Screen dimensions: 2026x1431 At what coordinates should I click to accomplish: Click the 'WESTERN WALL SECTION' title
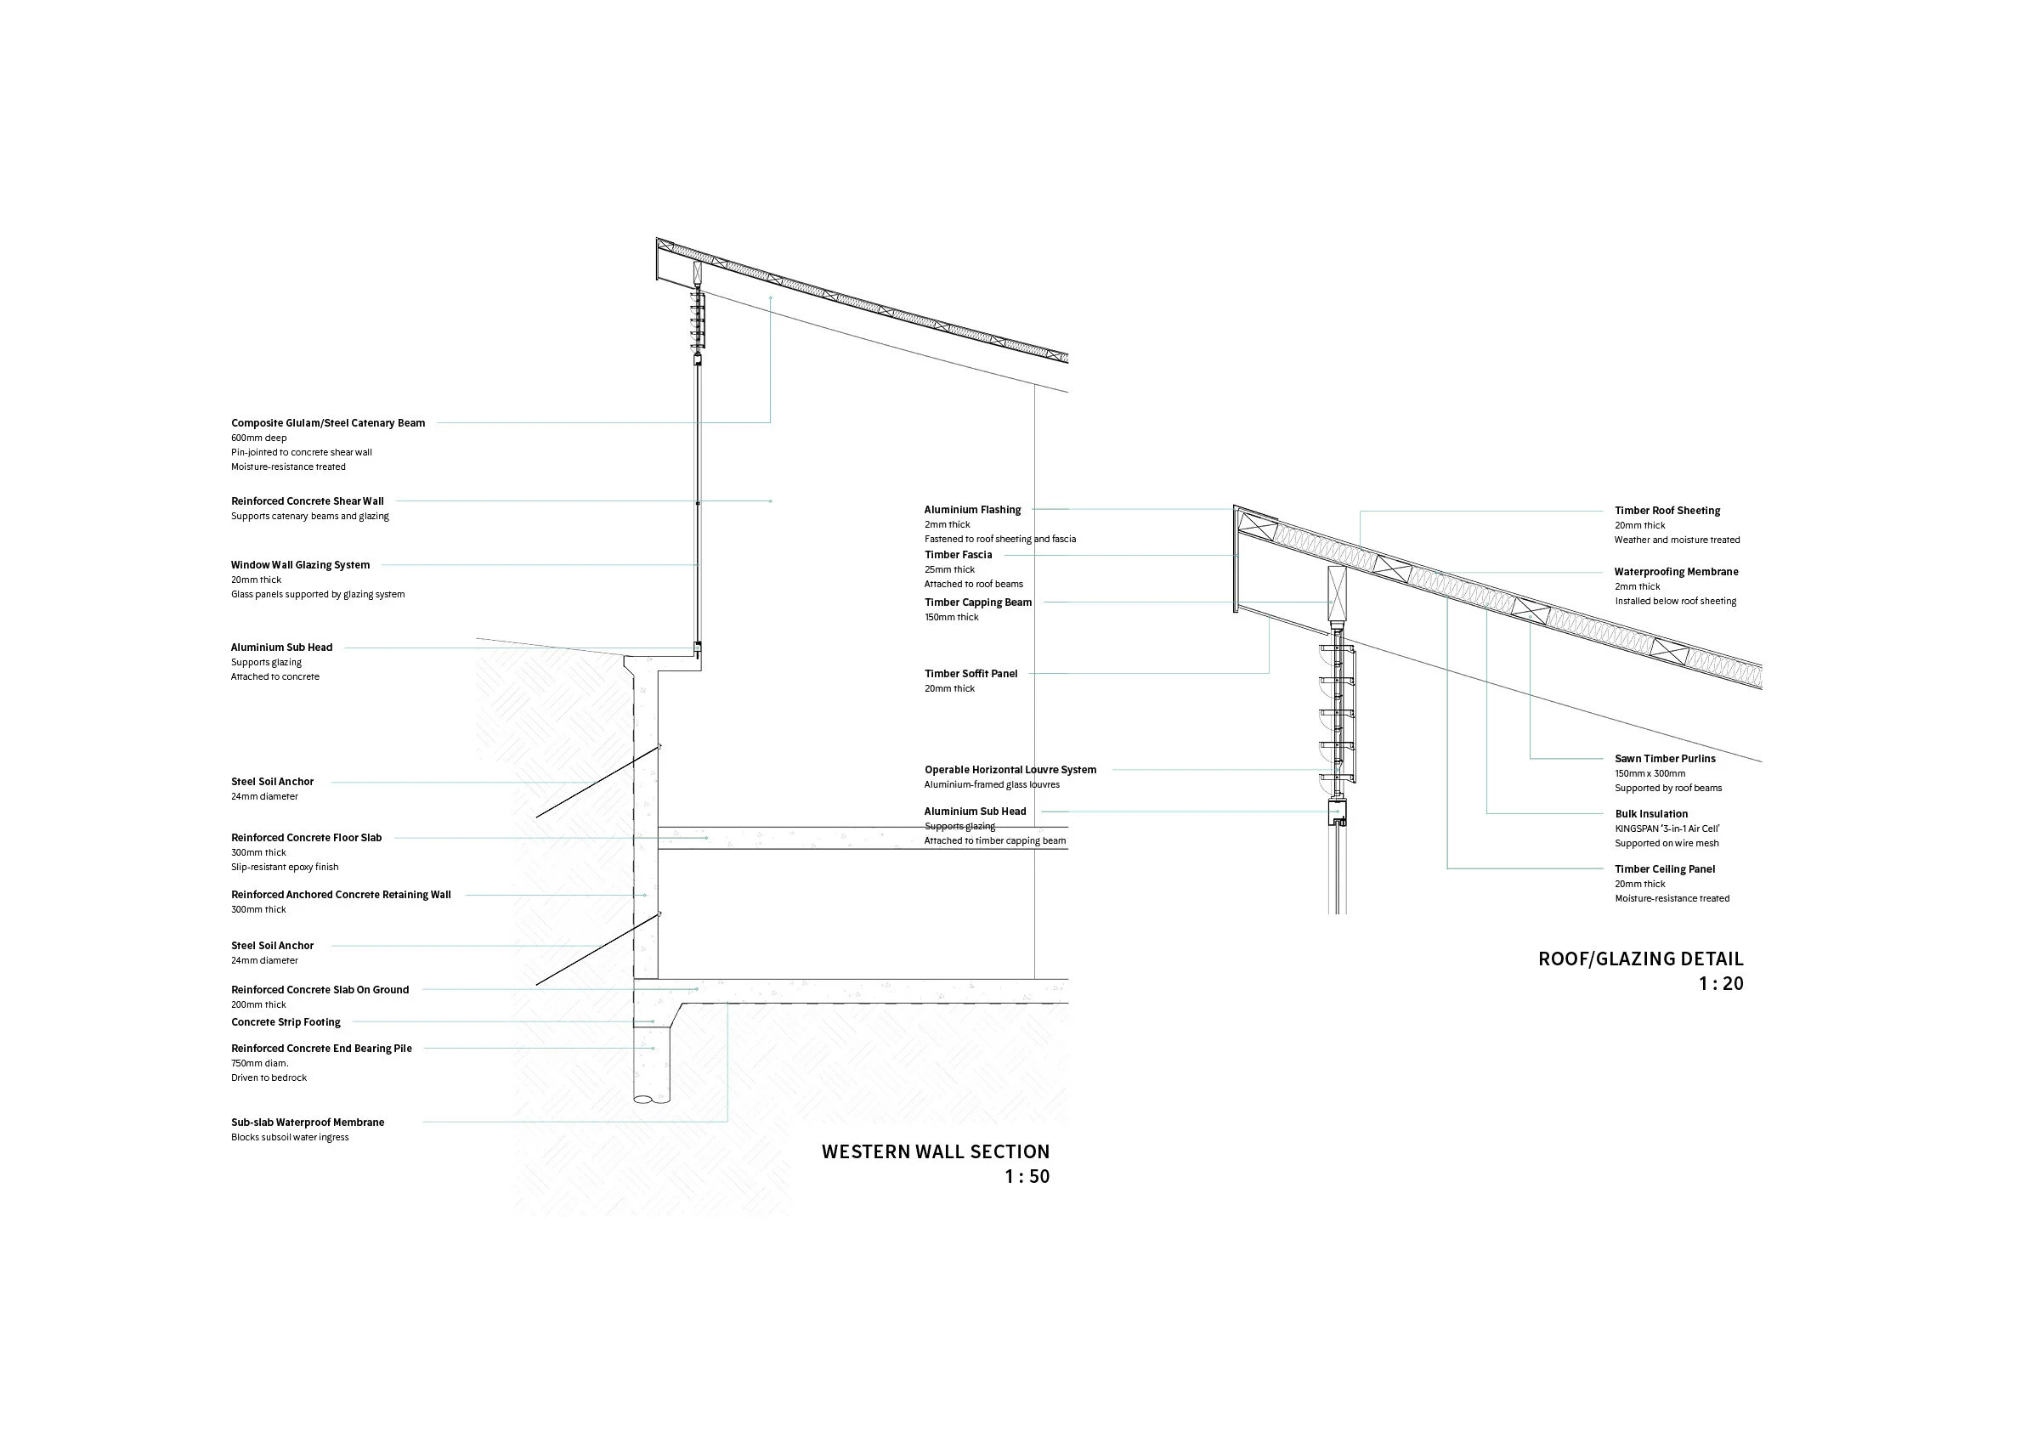(936, 1151)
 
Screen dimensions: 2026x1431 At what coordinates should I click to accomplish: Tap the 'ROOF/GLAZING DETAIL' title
(1640, 959)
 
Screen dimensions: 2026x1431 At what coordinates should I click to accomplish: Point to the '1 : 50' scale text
(1027, 1176)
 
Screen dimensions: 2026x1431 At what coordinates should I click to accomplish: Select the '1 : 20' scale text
(1721, 984)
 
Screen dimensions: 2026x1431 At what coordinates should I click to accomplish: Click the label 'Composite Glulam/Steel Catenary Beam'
(328, 423)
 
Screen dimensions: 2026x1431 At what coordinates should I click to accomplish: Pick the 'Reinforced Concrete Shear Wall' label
(308, 501)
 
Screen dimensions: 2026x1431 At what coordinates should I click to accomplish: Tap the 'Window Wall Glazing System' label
(301, 566)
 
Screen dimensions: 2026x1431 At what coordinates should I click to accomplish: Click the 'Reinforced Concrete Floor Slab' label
(306, 838)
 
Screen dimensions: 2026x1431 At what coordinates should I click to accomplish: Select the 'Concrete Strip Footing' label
(286, 1022)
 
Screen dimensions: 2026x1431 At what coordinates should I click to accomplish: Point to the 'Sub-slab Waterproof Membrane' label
(308, 1123)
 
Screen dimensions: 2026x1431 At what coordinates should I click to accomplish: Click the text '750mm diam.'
(259, 1064)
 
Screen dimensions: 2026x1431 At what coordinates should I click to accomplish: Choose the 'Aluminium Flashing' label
(972, 510)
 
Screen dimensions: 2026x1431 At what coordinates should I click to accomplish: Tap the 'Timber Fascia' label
(959, 555)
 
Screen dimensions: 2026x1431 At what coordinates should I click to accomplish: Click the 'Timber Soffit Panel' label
(971, 674)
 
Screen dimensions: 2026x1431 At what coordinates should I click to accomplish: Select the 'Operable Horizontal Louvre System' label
(1010, 770)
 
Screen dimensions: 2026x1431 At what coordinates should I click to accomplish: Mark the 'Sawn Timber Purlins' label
(1665, 759)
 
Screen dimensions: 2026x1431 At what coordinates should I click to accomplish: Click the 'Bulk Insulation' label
(1651, 814)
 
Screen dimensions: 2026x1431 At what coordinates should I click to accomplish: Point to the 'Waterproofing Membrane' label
(1677, 572)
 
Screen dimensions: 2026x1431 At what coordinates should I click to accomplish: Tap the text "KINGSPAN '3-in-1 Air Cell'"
(1667, 829)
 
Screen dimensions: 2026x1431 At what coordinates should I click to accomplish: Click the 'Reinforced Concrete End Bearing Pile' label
(321, 1049)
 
